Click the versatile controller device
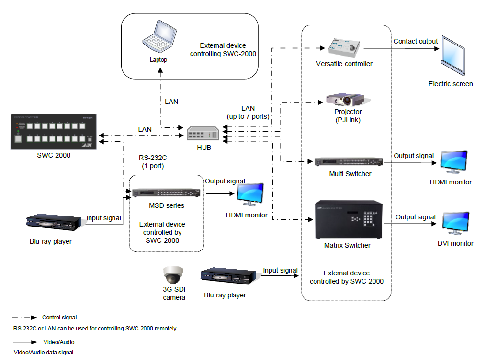point(344,46)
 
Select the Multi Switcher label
point(350,174)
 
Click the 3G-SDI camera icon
point(173,276)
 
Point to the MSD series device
point(166,194)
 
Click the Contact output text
point(416,41)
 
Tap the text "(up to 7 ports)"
point(248,116)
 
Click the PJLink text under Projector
point(348,120)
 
